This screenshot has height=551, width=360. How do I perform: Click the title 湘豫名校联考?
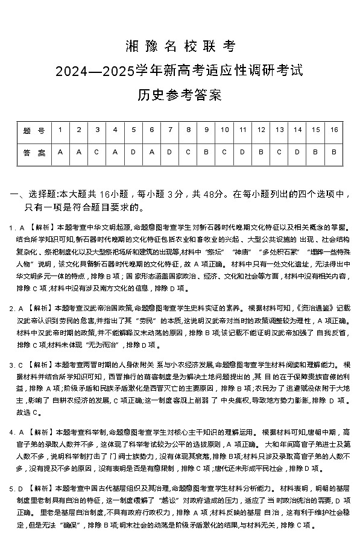[179, 46]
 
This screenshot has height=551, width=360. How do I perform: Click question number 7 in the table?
[169, 130]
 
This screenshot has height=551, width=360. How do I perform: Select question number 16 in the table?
[333, 130]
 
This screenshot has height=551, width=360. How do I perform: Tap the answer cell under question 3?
[96, 153]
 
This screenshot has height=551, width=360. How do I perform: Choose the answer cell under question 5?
[133, 153]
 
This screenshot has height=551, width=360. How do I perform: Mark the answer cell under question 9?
[206, 153]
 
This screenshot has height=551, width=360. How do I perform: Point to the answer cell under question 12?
[261, 153]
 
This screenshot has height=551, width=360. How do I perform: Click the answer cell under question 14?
[297, 153]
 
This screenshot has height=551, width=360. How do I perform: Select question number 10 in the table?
[224, 130]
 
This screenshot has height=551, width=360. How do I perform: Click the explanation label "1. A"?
[16, 228]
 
